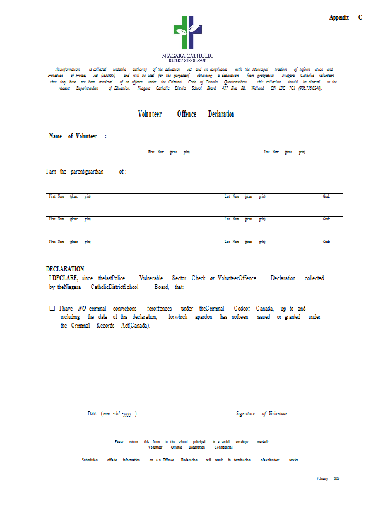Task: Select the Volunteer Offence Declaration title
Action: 186,114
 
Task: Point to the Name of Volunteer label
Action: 77,136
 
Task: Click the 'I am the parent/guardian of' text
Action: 86,172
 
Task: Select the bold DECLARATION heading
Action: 65,269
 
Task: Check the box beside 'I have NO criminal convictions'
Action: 52,308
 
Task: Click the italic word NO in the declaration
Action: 82,308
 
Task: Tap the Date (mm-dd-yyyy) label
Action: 112,413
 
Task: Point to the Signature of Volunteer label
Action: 261,413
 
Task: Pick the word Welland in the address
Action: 256,88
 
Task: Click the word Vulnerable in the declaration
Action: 152,278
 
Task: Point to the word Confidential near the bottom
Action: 225,447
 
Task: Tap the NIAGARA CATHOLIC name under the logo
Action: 187,56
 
